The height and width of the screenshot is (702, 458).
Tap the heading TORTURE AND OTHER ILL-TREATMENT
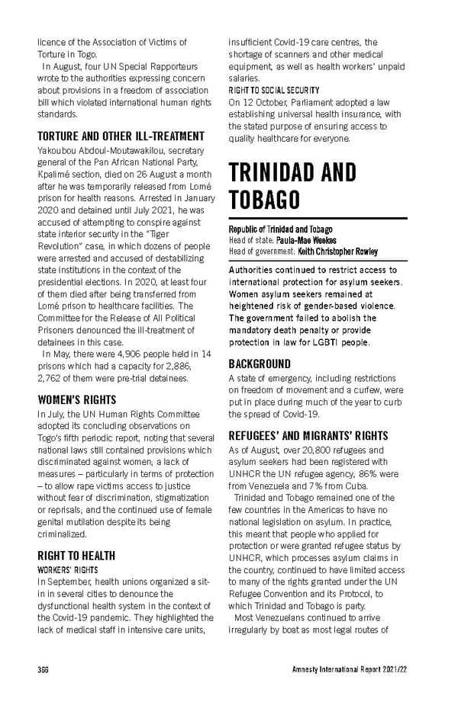121,136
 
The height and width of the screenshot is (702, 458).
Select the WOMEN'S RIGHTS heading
76,399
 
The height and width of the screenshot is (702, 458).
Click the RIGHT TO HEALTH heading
76,555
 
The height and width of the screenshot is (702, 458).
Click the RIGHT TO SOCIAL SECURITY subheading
274,90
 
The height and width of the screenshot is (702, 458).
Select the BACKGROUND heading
260,364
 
